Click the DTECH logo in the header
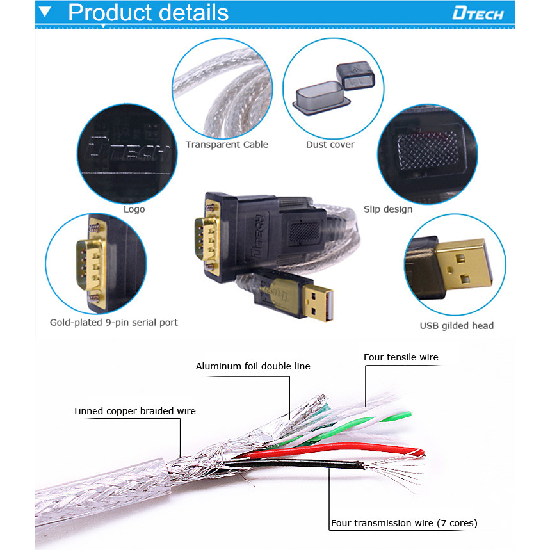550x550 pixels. coord(478,13)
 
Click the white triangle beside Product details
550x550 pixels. coord(45,12)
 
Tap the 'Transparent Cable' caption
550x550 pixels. coord(227,145)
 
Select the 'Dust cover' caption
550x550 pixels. coord(330,145)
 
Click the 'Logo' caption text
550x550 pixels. coord(134,209)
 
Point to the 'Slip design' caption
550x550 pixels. coord(388,209)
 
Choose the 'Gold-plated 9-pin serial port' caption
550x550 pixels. coord(114,323)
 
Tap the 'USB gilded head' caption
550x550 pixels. coord(457,326)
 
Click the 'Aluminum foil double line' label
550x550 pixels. coord(253,366)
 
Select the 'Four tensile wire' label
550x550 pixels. coord(401,357)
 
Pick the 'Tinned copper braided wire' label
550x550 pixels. coord(134,411)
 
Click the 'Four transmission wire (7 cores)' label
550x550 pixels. coord(403,523)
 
